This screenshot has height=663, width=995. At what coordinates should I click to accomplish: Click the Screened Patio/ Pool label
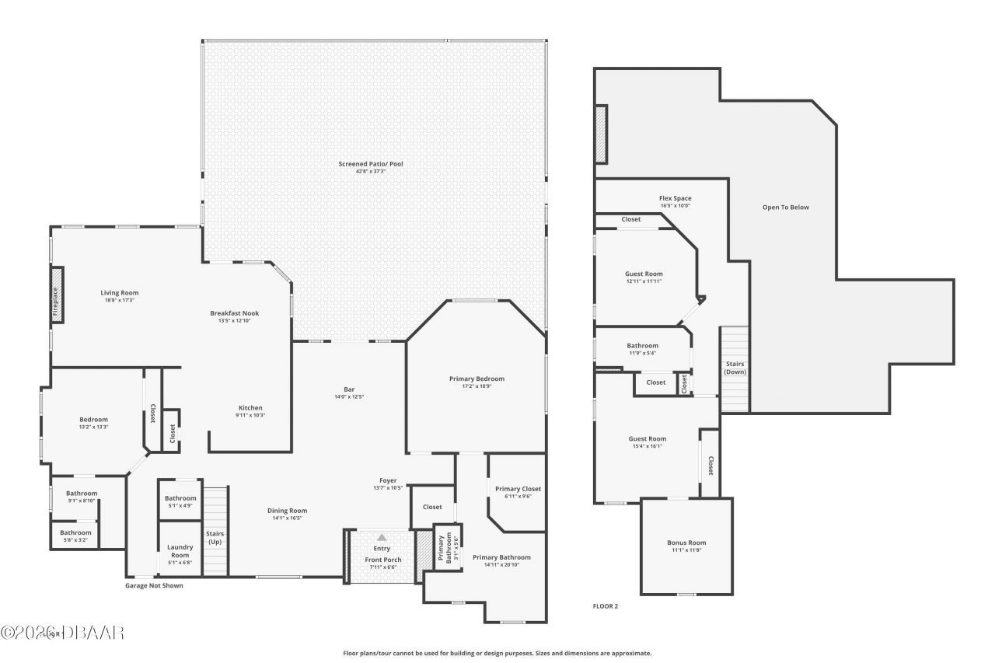(370, 164)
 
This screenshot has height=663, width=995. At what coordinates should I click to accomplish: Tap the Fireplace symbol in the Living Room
(57, 295)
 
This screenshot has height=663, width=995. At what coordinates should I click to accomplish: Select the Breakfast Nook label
(234, 313)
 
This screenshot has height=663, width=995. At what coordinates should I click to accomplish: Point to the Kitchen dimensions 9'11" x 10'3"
(250, 415)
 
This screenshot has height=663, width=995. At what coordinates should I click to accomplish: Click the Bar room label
(349, 389)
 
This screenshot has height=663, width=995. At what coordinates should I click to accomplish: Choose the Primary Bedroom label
(477, 379)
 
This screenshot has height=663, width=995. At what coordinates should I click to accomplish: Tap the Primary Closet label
(518, 489)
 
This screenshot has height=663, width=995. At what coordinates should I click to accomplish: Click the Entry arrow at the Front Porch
(382, 537)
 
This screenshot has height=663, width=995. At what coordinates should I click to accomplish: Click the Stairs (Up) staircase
(215, 530)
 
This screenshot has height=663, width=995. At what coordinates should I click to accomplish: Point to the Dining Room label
(287, 511)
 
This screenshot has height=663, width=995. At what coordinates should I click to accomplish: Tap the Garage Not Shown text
(154, 585)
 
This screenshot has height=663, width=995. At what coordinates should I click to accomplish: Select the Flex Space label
(675, 198)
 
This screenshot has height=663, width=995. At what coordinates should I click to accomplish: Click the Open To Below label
(785, 208)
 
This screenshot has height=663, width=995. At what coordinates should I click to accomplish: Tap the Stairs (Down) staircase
(735, 368)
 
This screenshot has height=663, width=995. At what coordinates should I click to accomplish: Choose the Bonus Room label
(686, 543)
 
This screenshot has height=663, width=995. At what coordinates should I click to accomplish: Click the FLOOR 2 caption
(605, 605)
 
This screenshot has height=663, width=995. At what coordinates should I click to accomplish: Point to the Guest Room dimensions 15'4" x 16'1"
(647, 446)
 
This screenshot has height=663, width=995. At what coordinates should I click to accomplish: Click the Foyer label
(388, 480)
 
